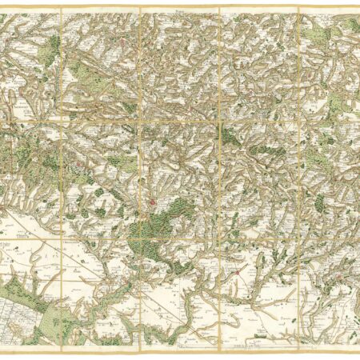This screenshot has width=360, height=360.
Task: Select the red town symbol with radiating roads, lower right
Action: [x=238, y=276]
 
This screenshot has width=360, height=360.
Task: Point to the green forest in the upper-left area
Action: [x=53, y=44]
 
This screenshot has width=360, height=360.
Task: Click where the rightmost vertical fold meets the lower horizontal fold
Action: [x=298, y=238]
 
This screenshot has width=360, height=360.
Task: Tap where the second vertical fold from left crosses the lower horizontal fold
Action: [x=139, y=238]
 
